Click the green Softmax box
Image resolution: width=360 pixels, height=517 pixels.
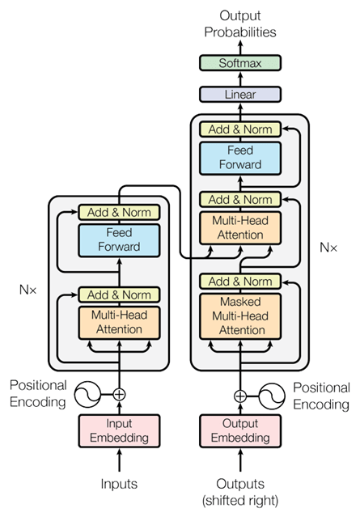239,63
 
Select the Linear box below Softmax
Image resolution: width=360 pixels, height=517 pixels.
239,95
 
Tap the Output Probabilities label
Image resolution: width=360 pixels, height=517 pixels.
239,23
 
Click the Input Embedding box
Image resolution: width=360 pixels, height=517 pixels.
119,430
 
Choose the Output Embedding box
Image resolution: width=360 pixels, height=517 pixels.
239,430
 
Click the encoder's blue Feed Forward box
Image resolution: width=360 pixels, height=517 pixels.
120,239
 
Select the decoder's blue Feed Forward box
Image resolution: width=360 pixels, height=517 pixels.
239,156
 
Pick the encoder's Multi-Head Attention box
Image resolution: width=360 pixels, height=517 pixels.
120,322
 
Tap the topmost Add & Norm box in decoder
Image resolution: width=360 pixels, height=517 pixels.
239,129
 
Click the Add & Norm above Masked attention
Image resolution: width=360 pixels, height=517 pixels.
239,282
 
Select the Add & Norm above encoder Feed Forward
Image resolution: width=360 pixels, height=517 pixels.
120,213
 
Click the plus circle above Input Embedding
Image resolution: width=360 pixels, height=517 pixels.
120,395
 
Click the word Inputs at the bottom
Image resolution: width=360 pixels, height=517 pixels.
119,484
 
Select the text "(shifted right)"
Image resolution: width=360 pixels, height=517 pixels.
239,499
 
